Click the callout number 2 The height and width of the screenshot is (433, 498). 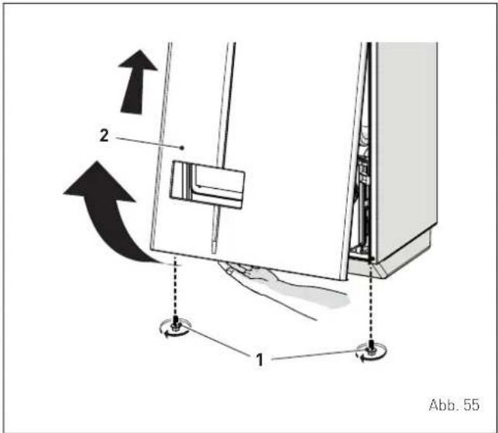104,136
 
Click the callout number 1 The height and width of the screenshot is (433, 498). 259,360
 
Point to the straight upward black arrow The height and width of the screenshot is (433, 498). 136,82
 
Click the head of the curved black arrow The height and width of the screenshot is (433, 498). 98,183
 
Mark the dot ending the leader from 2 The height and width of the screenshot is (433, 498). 182,148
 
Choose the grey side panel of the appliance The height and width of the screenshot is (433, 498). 407,149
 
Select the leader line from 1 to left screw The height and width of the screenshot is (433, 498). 215,342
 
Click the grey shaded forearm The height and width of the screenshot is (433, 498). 311,294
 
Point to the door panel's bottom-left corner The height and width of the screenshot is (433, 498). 150,249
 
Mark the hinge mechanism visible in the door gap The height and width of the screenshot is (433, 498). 362,184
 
